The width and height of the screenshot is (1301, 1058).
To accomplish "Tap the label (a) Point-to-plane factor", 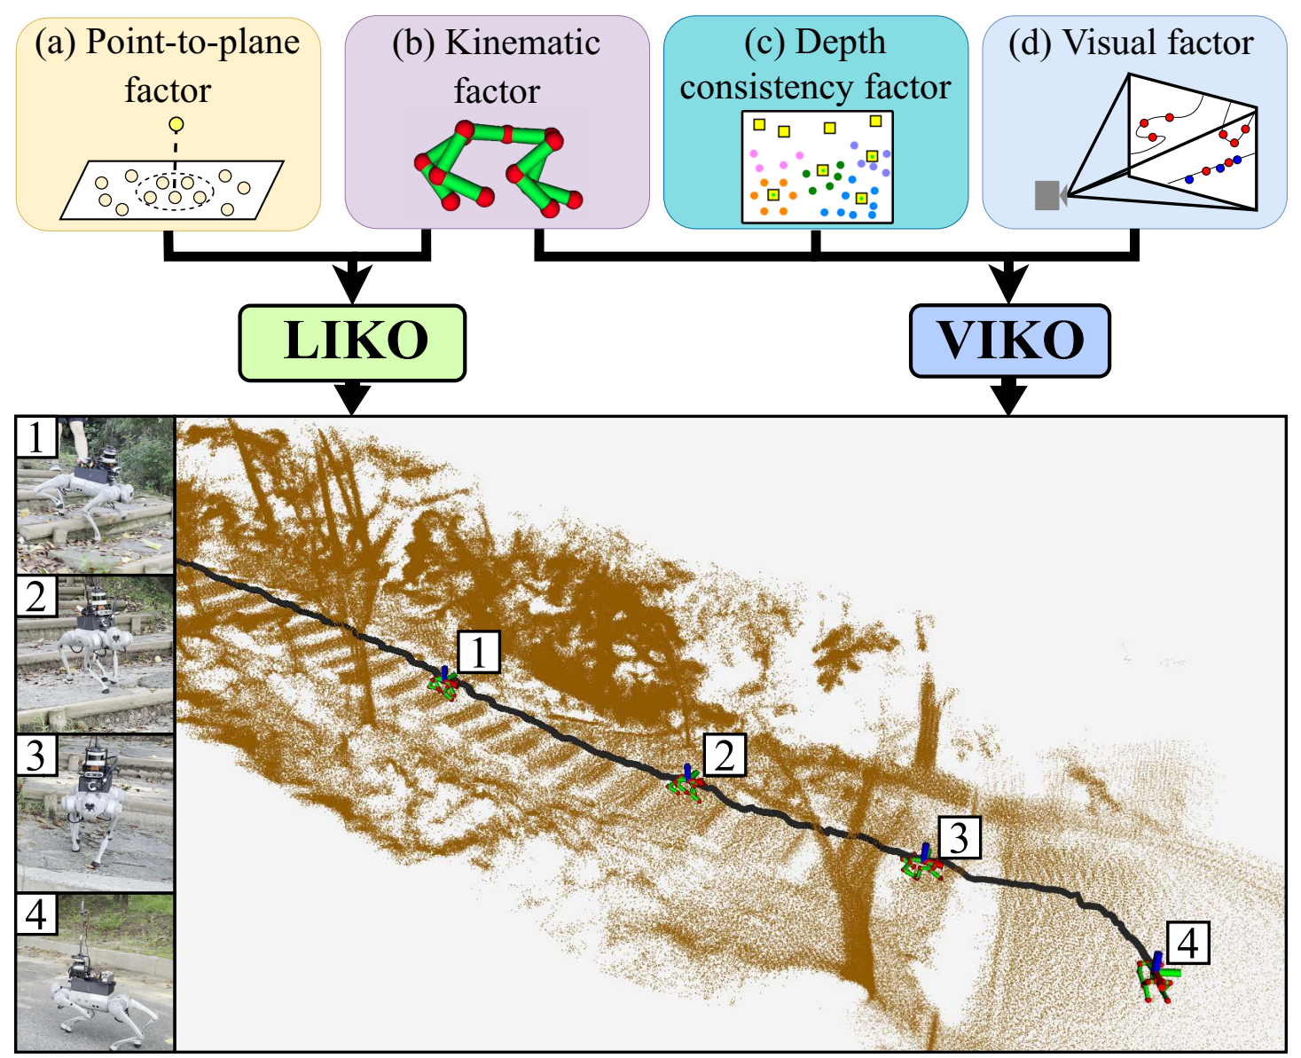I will coord(168,66).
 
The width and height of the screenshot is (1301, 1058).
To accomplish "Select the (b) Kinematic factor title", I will coord(496,67).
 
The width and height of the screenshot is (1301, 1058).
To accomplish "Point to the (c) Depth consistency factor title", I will coord(815,64).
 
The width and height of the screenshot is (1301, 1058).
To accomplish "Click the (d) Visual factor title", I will coord(1132,43).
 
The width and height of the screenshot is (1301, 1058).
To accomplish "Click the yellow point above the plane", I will coord(176,124).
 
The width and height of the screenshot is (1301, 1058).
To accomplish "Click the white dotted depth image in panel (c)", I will coord(817,167).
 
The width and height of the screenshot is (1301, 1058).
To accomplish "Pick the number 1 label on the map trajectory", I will coord(479,652).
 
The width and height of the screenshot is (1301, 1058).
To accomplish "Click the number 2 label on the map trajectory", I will coord(725,755).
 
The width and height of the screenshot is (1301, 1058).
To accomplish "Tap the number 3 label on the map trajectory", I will coord(959,837).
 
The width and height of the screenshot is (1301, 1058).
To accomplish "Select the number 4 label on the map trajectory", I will coord(1188,943).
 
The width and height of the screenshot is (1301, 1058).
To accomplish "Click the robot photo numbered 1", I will coord(96,495).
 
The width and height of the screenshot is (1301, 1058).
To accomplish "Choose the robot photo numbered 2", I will coord(96,654).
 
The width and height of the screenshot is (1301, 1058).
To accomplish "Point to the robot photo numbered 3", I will coord(96,812).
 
